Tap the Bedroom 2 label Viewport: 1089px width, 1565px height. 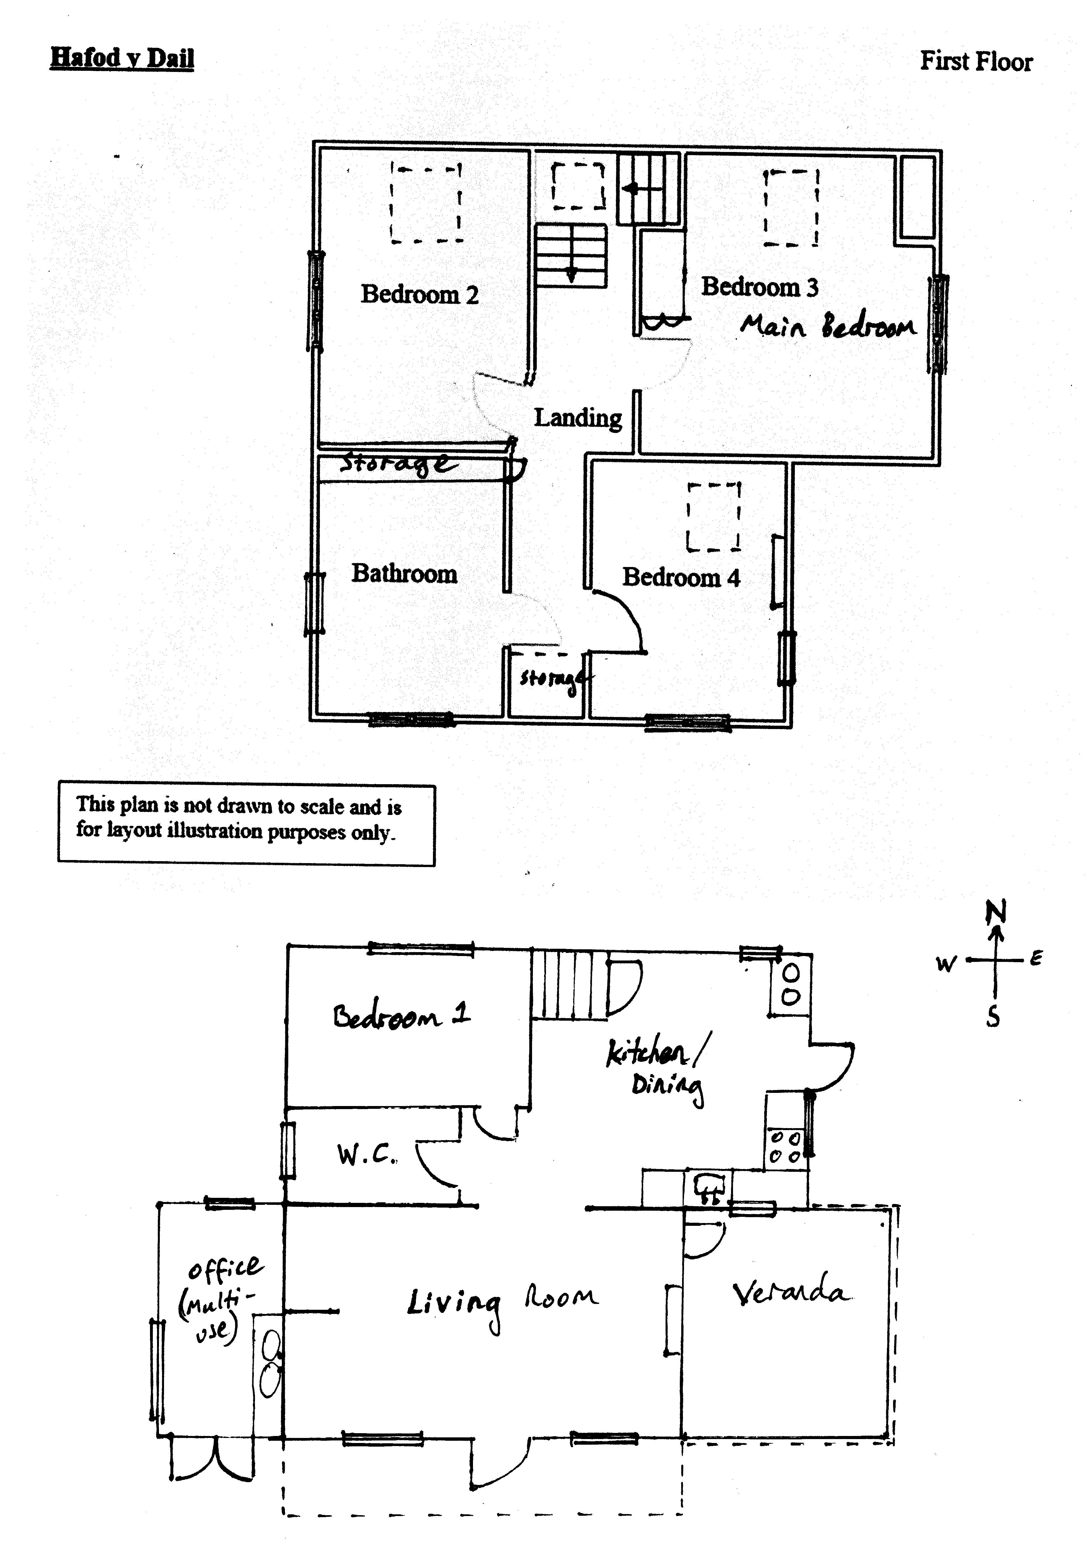point(419,294)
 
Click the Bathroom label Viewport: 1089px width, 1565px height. point(403,573)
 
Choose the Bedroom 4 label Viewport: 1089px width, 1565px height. point(680,577)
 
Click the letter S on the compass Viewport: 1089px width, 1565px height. point(993,1017)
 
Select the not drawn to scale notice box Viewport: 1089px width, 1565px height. point(246,824)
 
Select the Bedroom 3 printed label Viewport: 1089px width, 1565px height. point(759,287)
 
